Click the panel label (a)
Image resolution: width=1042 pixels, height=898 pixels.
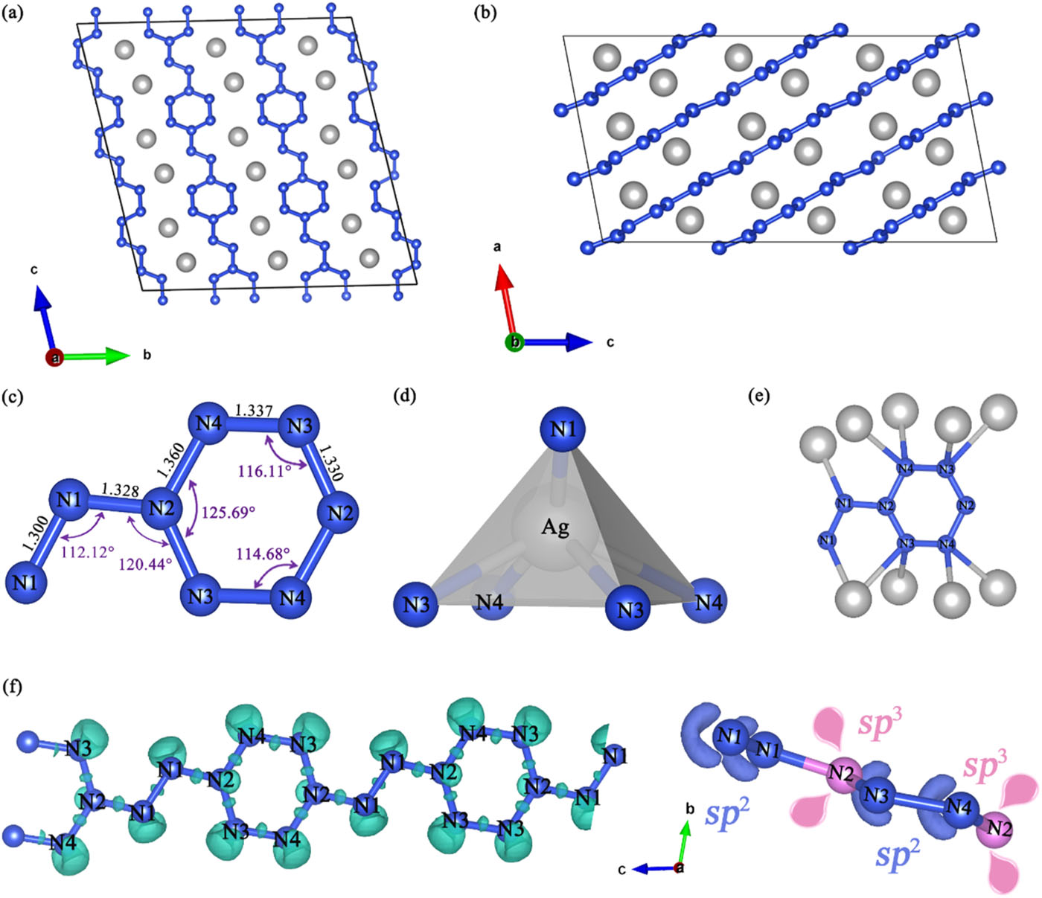pos(13,13)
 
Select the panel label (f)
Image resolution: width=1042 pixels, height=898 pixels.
pos(13,687)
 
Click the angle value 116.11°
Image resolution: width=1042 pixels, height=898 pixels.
pos(265,471)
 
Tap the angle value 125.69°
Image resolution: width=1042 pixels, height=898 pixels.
pos(229,513)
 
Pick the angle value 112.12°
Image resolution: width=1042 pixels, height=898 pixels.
pos(87,552)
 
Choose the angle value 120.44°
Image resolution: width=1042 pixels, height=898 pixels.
pos(145,563)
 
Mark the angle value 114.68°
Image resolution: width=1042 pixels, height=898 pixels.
pos(263,554)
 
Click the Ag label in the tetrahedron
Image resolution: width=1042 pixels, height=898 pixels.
pos(555,527)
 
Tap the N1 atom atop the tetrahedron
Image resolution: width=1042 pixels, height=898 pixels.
pos(563,429)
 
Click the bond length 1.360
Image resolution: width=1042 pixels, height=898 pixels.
pos(170,463)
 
